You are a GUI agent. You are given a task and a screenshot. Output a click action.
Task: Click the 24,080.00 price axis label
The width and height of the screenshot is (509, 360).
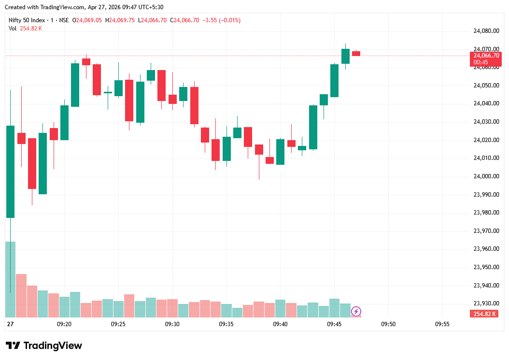pyautogui.click(x=486, y=31)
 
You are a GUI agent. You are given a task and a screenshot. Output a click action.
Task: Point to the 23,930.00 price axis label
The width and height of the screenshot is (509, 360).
pyautogui.click(x=486, y=303)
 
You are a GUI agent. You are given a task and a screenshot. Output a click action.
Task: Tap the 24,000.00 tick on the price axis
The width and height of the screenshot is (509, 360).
pyautogui.click(x=486, y=176)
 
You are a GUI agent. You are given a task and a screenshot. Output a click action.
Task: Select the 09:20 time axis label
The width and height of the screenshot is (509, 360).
pyautogui.click(x=64, y=324)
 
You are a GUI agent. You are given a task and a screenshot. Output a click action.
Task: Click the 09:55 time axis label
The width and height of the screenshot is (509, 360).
pyautogui.click(x=442, y=324)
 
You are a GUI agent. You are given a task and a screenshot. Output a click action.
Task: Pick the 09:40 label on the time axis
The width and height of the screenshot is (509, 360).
pyautogui.click(x=280, y=324)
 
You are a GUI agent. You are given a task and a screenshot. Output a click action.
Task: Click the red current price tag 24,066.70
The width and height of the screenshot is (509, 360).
pyautogui.click(x=486, y=56)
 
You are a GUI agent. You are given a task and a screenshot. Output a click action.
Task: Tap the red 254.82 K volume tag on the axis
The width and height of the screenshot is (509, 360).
pyautogui.click(x=485, y=314)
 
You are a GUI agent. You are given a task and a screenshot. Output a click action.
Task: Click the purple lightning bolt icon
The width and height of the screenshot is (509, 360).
pyautogui.click(x=356, y=311)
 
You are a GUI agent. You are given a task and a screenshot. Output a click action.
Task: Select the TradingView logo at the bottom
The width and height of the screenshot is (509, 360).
pyautogui.click(x=44, y=346)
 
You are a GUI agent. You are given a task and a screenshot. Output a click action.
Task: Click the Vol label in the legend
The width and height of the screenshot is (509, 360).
pyautogui.click(x=12, y=29)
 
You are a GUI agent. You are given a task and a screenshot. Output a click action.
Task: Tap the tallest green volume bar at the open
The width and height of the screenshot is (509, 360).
pyautogui.click(x=10, y=279)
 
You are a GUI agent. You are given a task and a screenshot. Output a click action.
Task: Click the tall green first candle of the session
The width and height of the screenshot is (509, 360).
pyautogui.click(x=10, y=172)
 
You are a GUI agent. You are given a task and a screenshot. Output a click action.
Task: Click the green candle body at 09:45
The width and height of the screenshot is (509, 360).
pyautogui.click(x=334, y=80)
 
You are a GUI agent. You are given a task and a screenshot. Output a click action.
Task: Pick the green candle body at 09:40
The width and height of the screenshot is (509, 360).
pyautogui.click(x=280, y=152)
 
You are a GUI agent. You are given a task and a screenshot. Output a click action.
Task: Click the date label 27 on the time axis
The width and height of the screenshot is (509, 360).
pyautogui.click(x=10, y=324)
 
